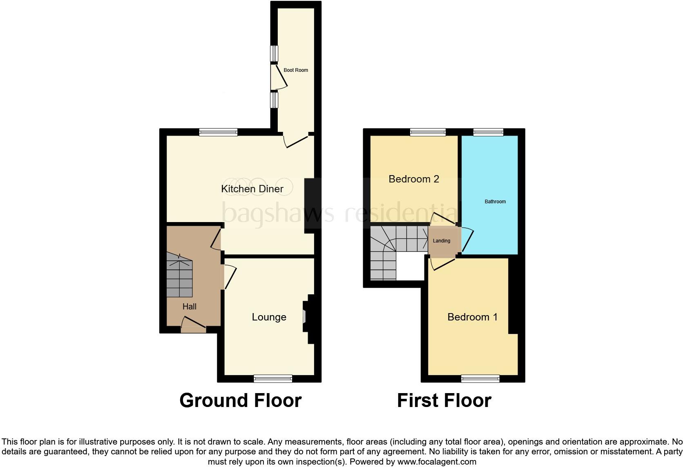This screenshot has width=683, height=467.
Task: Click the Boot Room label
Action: (x=296, y=70)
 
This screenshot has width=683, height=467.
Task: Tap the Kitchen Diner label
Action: (x=252, y=189)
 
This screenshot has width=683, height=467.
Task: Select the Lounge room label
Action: (x=269, y=317)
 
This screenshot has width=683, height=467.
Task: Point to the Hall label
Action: (x=190, y=307)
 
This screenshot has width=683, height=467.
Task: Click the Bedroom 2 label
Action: (x=413, y=179)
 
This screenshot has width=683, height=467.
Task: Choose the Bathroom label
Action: (x=495, y=202)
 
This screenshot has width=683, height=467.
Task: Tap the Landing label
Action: (x=441, y=241)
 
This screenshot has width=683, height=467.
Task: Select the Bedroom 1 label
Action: (x=472, y=317)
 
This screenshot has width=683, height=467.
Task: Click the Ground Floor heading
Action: (x=240, y=400)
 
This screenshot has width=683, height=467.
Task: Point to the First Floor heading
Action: (x=444, y=400)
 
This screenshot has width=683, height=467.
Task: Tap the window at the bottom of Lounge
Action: (x=273, y=378)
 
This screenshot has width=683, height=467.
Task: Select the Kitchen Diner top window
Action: (x=218, y=132)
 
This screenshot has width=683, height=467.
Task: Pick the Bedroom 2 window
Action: (x=428, y=132)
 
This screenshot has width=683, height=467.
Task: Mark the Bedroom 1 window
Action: (x=480, y=378)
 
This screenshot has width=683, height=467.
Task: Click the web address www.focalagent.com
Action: (x=436, y=462)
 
